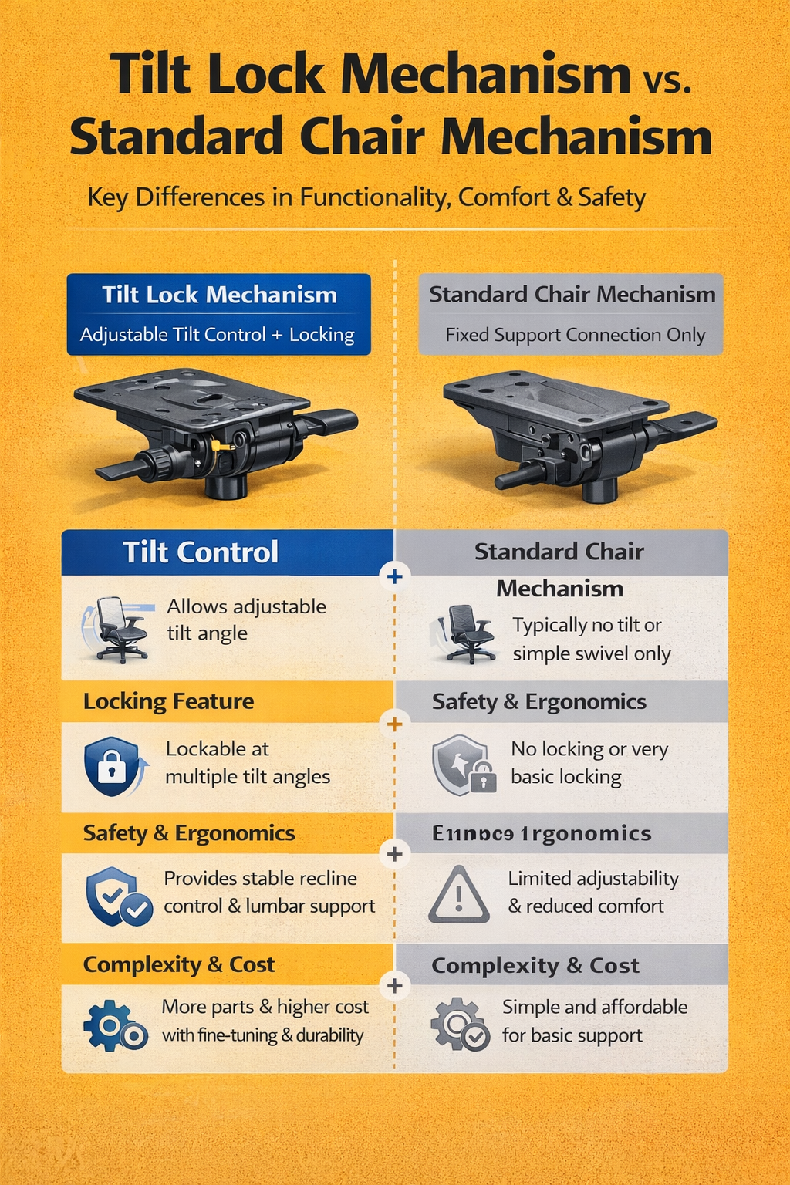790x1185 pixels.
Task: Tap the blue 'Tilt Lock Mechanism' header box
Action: point(219,313)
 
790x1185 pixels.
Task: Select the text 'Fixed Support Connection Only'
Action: point(575,335)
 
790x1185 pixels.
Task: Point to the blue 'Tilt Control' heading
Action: point(201,552)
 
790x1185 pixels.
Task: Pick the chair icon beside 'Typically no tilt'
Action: point(465,633)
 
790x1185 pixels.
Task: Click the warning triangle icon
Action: point(459,896)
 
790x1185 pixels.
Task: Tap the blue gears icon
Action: point(115,1025)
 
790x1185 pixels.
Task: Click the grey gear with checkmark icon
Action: point(460,1025)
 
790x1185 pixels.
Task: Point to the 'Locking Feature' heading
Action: point(168,701)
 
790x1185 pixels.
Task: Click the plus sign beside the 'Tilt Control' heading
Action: point(395,576)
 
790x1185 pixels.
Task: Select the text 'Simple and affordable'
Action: point(594,1007)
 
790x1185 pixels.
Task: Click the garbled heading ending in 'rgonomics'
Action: point(542,834)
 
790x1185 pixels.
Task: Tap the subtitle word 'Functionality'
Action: point(373,197)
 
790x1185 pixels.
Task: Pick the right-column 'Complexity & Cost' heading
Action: point(535,965)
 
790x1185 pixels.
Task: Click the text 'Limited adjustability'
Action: point(593,879)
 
